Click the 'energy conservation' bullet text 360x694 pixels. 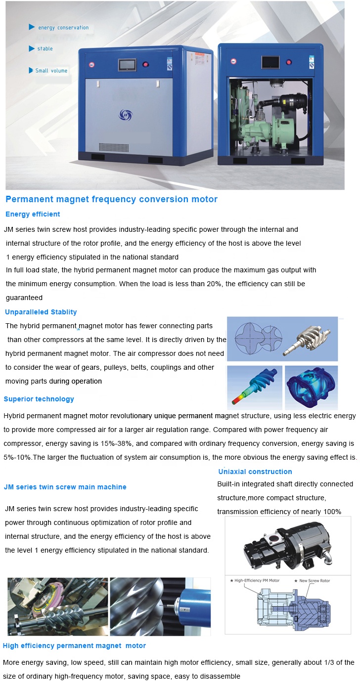63,28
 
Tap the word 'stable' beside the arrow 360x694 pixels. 45,49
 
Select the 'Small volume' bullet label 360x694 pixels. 51,71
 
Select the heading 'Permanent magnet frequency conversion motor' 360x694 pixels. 111,199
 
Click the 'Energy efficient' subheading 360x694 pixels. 33,214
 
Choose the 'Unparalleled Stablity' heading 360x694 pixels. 41,312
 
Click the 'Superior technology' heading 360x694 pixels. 39,399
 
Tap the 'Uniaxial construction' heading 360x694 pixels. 255,472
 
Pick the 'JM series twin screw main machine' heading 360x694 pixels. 65,487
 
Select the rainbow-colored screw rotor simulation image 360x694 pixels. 254,388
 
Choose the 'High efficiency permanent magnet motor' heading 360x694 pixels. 74,646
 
